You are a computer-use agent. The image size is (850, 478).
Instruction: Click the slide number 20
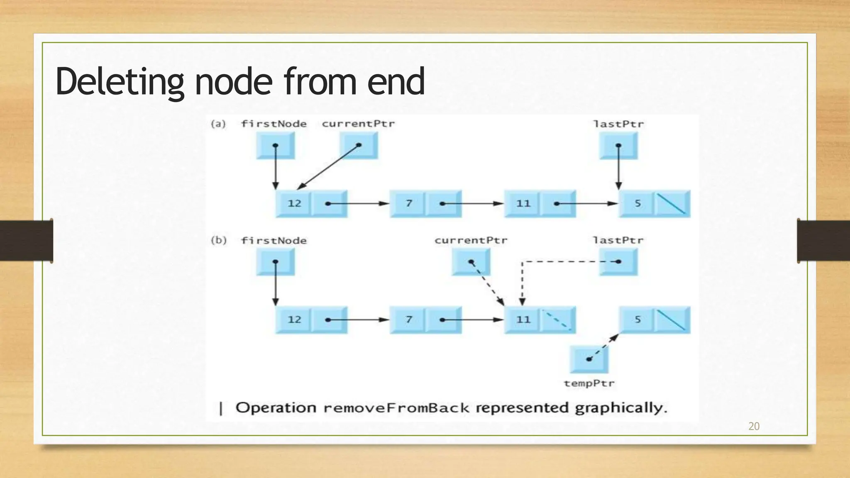(754, 426)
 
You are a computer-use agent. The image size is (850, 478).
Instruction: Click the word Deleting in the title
(120, 82)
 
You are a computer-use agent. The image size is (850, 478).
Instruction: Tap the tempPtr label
(589, 383)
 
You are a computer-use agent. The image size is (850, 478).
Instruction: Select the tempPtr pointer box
(589, 359)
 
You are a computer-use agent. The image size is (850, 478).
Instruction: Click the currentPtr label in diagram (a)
(358, 124)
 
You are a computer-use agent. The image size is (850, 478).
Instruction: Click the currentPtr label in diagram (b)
(471, 240)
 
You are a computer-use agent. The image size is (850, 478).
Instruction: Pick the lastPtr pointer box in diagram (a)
(618, 146)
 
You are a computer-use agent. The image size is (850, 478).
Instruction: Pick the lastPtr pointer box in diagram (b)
(618, 262)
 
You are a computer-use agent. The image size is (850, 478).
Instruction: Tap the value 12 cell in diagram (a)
(294, 203)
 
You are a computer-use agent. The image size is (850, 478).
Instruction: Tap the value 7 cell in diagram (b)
(408, 319)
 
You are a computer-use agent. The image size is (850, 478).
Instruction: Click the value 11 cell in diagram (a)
(523, 203)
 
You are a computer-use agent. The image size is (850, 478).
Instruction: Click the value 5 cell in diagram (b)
(637, 319)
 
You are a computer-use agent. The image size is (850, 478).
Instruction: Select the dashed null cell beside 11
(558, 320)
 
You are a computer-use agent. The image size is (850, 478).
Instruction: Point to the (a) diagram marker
(218, 124)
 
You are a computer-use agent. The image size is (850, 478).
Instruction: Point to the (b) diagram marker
(218, 240)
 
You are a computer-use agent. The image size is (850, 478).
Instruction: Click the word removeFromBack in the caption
(396, 408)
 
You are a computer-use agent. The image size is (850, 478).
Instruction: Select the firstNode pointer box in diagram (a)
(275, 146)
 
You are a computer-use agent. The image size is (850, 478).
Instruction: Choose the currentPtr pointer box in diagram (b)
(471, 262)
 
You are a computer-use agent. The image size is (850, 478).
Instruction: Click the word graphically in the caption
(620, 408)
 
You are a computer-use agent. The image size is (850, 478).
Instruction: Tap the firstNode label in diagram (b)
(274, 241)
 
